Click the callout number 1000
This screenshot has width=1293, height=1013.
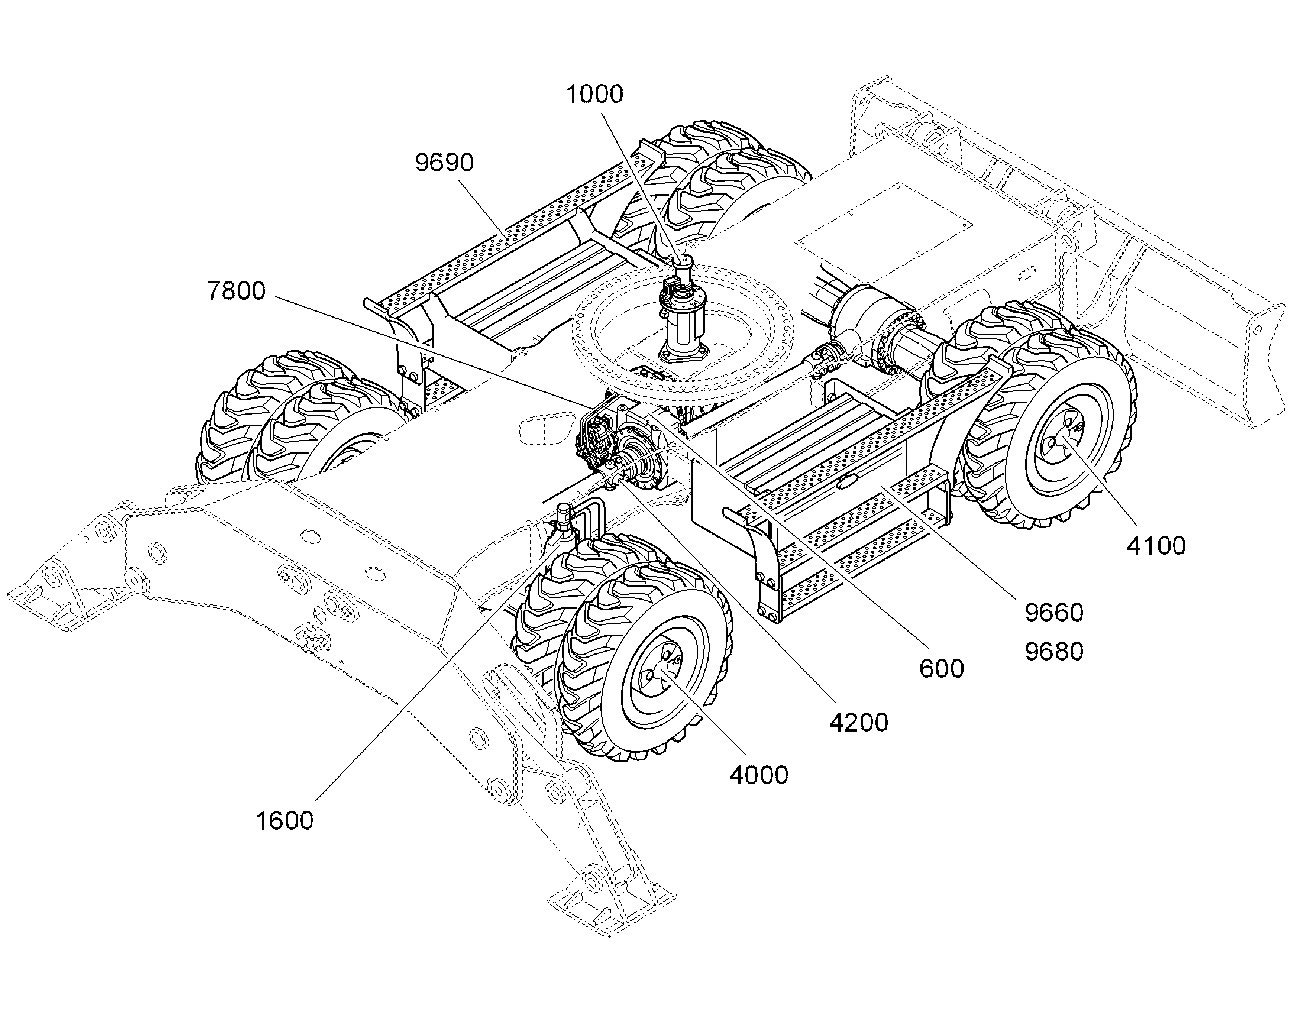[x=595, y=94]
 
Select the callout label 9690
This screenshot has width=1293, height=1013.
[x=444, y=163]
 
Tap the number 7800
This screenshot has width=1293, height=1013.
[x=236, y=291]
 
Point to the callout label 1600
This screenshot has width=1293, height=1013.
[x=285, y=821]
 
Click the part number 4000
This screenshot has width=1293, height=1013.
[x=759, y=775]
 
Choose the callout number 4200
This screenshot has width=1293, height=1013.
[x=859, y=723]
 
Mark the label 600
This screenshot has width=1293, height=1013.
[x=941, y=669]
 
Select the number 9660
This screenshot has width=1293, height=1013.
[x=1054, y=613]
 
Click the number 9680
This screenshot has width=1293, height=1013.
[x=1054, y=652]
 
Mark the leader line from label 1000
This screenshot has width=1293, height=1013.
[x=643, y=185]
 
